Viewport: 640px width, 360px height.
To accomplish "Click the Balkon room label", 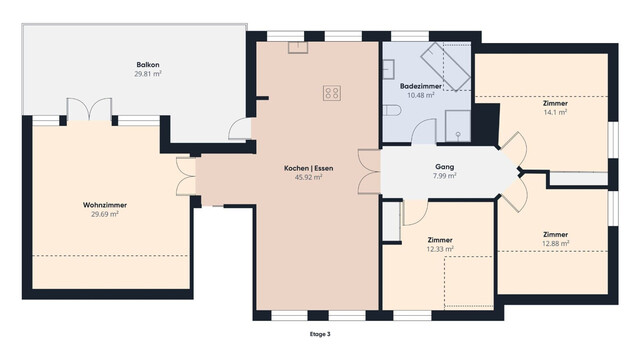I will coord(148,63).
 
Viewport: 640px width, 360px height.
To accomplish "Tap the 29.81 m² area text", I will coord(148,73).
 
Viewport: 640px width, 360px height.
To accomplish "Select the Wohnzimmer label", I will coord(104,204).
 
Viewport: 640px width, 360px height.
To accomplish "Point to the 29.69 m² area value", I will coord(104,214).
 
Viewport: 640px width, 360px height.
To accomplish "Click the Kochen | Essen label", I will coord(307,168).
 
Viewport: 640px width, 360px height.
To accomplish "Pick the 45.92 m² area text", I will coord(307,178).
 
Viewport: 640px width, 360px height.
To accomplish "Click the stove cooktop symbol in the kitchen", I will coord(331,93).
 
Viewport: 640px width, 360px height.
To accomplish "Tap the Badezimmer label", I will coord(420,87).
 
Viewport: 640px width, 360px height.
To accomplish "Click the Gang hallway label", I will coord(445,166).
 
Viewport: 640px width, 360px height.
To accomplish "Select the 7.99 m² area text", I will coord(445,176).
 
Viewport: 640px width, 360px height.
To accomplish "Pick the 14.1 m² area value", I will coord(555,113).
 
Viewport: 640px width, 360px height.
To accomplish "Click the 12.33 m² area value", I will coord(439,250).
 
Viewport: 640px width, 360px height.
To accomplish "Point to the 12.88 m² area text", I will coord(556,243).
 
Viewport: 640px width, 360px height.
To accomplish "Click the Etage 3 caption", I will coord(320,333).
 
